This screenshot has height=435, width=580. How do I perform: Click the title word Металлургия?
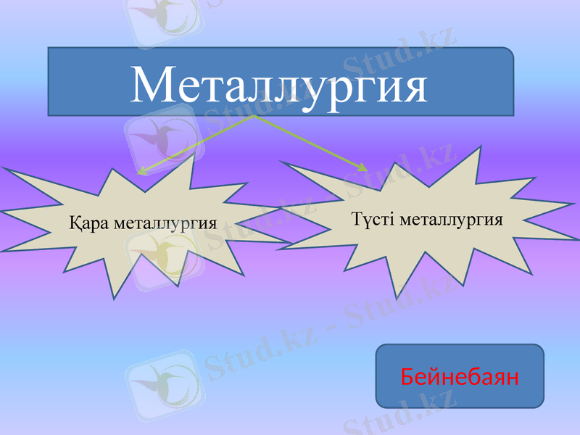(x=280, y=86)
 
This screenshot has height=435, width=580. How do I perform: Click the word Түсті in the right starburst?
(x=374, y=219)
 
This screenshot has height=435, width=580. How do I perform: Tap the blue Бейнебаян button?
(x=459, y=376)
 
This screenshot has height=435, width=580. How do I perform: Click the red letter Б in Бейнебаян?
(x=407, y=376)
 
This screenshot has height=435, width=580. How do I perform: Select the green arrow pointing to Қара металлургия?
(x=196, y=144)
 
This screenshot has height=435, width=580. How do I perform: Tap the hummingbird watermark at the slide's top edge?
(x=162, y=18)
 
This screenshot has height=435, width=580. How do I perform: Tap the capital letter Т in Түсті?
(x=357, y=219)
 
